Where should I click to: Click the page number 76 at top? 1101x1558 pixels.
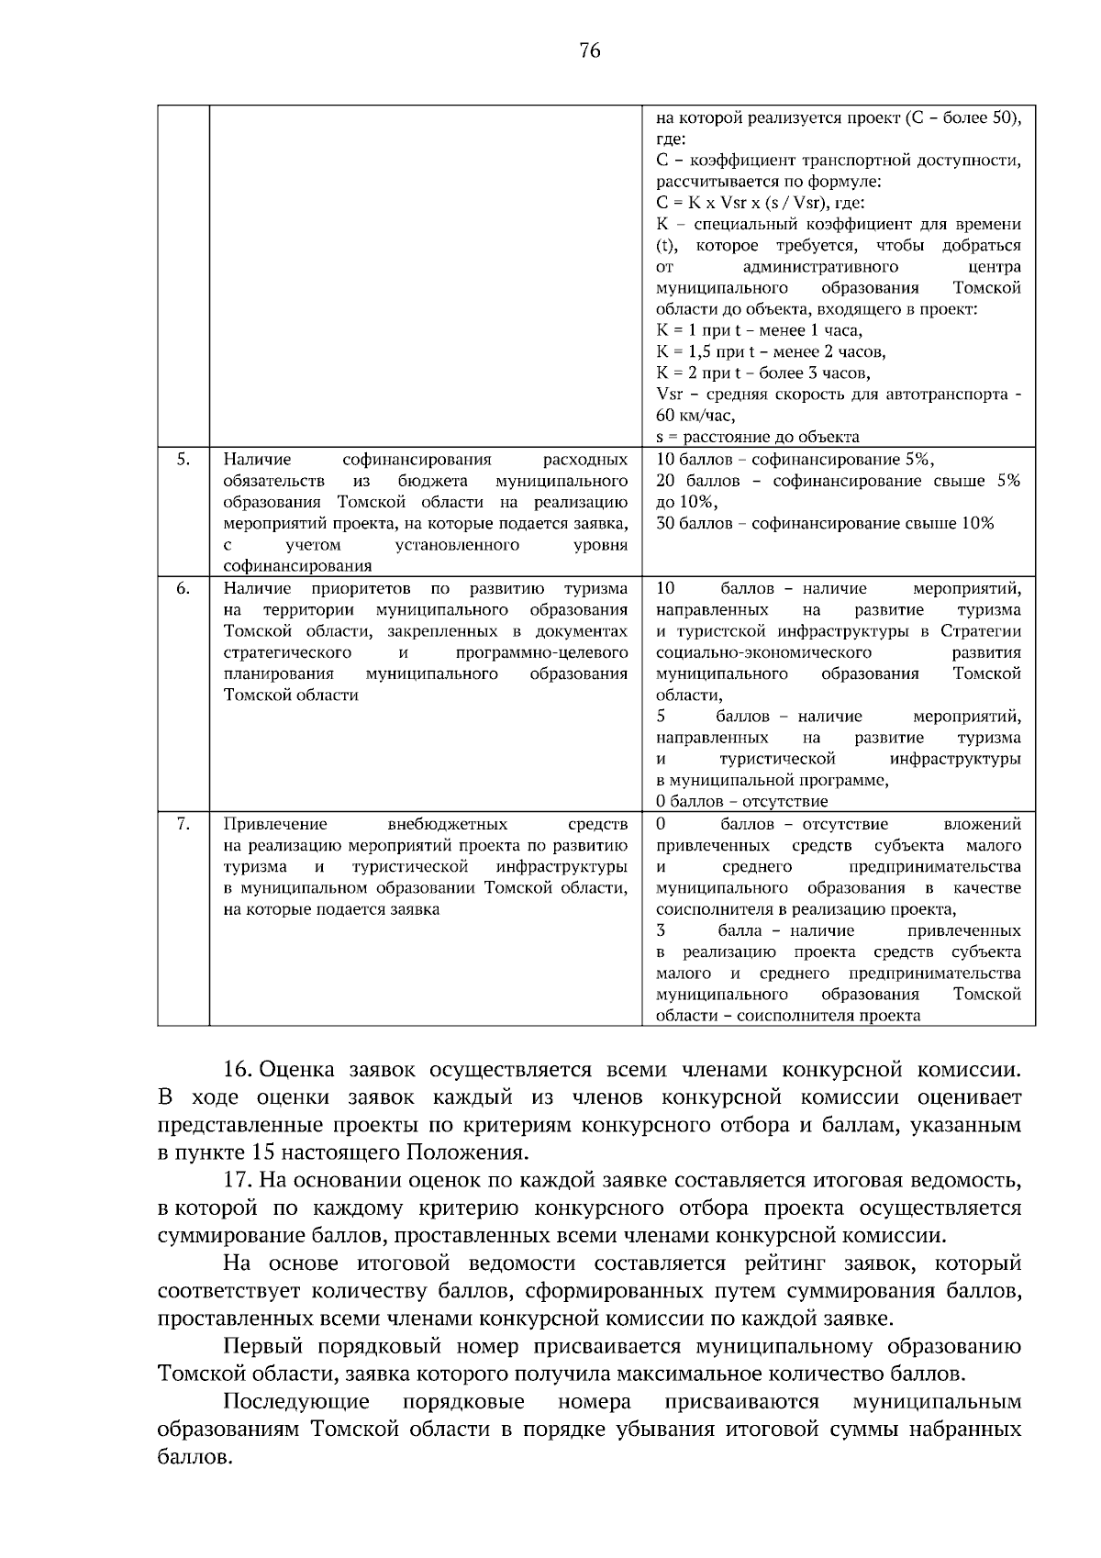[590, 51]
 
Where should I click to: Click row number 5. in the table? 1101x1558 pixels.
[183, 459]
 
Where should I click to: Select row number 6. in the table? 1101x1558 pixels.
[183, 588]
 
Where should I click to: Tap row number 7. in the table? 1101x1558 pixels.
[183, 824]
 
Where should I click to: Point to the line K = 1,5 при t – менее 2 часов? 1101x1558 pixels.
[771, 351]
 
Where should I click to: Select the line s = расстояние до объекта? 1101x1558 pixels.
[758, 437]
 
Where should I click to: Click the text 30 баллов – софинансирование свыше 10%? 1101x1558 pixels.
[825, 523]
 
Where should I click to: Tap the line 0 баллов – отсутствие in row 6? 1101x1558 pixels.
[741, 801]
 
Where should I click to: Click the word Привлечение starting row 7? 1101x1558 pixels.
[275, 824]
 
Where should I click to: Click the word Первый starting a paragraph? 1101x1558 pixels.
[265, 1347]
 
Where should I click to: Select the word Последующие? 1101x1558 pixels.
[296, 1402]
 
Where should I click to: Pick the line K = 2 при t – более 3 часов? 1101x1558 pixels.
[763, 373]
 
